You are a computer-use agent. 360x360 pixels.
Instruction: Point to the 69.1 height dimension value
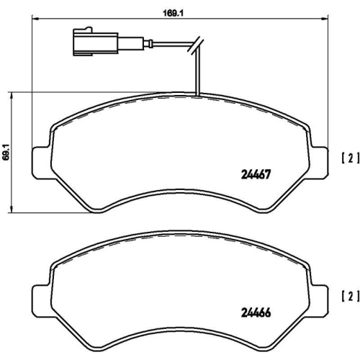click(x=6, y=150)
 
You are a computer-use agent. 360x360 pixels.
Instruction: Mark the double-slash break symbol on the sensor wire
click(x=193, y=48)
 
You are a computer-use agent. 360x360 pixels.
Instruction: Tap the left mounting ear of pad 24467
click(x=40, y=156)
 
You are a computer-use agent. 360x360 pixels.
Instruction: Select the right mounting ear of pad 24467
click(x=320, y=156)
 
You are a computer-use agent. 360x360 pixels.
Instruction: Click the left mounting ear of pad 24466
click(x=40, y=296)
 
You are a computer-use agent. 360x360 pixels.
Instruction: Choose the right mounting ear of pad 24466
click(x=320, y=296)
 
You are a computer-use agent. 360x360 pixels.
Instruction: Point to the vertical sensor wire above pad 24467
click(x=197, y=72)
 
